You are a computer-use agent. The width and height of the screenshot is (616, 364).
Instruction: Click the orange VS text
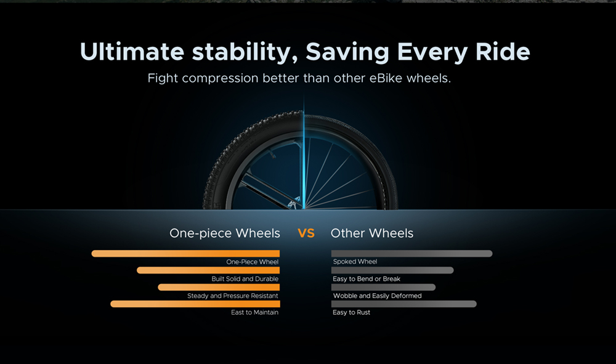pos(306,233)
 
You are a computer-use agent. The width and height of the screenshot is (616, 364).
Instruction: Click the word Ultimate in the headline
pos(132,52)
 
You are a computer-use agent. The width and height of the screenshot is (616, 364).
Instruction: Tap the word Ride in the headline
pos(503,52)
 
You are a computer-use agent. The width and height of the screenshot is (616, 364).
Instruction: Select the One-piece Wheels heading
pos(225,233)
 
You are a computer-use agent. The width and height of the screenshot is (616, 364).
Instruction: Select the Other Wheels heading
pos(372,233)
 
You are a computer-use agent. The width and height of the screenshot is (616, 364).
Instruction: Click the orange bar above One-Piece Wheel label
pos(185,254)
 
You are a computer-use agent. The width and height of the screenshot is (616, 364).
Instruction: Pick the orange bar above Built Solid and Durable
pos(208,270)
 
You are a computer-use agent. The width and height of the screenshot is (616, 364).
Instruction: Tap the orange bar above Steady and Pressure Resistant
pos(219,287)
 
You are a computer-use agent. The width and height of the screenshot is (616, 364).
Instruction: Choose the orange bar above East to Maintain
pos(195,304)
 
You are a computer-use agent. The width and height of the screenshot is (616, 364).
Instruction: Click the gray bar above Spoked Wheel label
pos(411,254)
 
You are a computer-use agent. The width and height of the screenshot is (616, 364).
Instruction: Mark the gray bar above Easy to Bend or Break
pos(392,270)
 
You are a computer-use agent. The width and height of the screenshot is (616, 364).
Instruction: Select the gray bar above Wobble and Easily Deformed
pos(383,287)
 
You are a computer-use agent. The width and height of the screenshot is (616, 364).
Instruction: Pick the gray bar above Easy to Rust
pos(404,304)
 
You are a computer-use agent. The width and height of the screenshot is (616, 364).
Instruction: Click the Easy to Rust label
pos(352,312)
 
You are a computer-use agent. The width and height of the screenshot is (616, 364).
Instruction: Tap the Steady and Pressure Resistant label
pos(233,296)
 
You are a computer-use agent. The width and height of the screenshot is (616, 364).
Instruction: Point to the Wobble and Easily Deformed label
pos(378,296)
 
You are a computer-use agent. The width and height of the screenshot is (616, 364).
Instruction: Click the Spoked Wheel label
pos(355,262)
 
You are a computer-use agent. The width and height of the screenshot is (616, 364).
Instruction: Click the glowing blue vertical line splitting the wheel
pos(303,153)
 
